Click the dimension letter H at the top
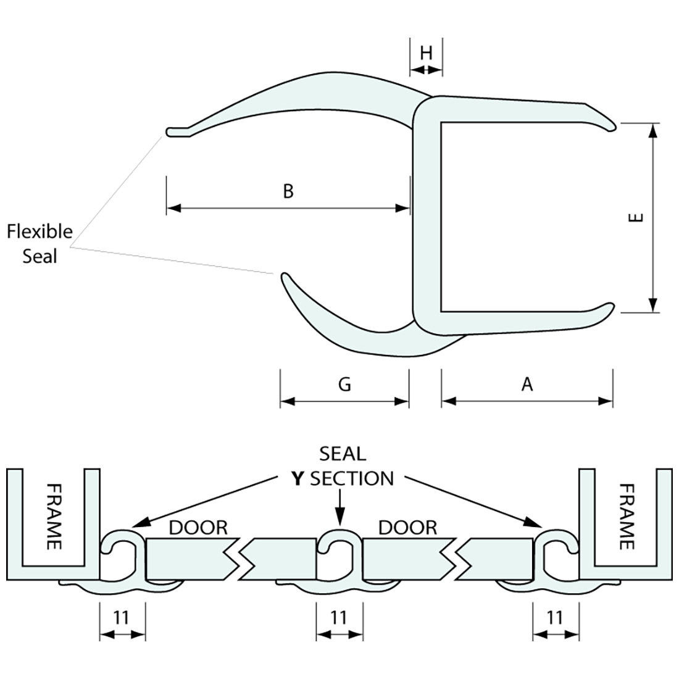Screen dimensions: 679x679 coord(426,53)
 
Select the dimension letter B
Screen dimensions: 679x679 coord(288,191)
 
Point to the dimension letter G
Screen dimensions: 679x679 coord(344,385)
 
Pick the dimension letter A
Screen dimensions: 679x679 coord(527,385)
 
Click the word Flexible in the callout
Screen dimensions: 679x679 coord(40,232)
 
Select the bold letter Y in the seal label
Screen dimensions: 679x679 coord(299,478)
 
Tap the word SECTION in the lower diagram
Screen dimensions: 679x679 coord(351,478)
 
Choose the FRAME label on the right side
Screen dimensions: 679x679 coord(626,516)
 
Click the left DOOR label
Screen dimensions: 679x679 coord(198,528)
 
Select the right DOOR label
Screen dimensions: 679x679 coord(407,528)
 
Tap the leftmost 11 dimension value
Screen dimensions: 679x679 coord(122,617)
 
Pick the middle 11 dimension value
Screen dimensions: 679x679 coord(338,617)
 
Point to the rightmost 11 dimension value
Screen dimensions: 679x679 coord(555,617)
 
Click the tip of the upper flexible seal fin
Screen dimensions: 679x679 coord(169,131)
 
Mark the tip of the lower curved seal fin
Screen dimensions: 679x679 coord(283,276)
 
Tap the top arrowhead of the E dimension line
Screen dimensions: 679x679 coord(652,128)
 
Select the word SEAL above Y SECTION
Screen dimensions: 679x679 coord(343,454)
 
